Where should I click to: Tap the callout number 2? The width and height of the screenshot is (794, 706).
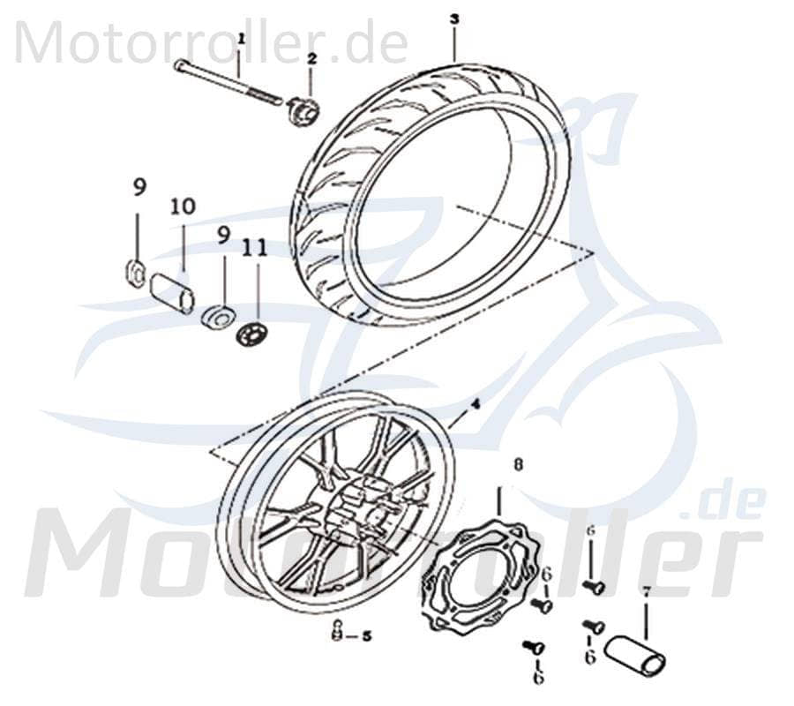click(311, 58)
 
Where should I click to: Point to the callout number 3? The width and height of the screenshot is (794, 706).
click(453, 19)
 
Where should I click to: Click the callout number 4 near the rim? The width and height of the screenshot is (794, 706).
click(475, 402)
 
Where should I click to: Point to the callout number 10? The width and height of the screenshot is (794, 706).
click(184, 207)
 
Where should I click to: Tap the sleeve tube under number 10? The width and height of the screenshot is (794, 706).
click(173, 292)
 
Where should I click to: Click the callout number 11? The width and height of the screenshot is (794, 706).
click(256, 250)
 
